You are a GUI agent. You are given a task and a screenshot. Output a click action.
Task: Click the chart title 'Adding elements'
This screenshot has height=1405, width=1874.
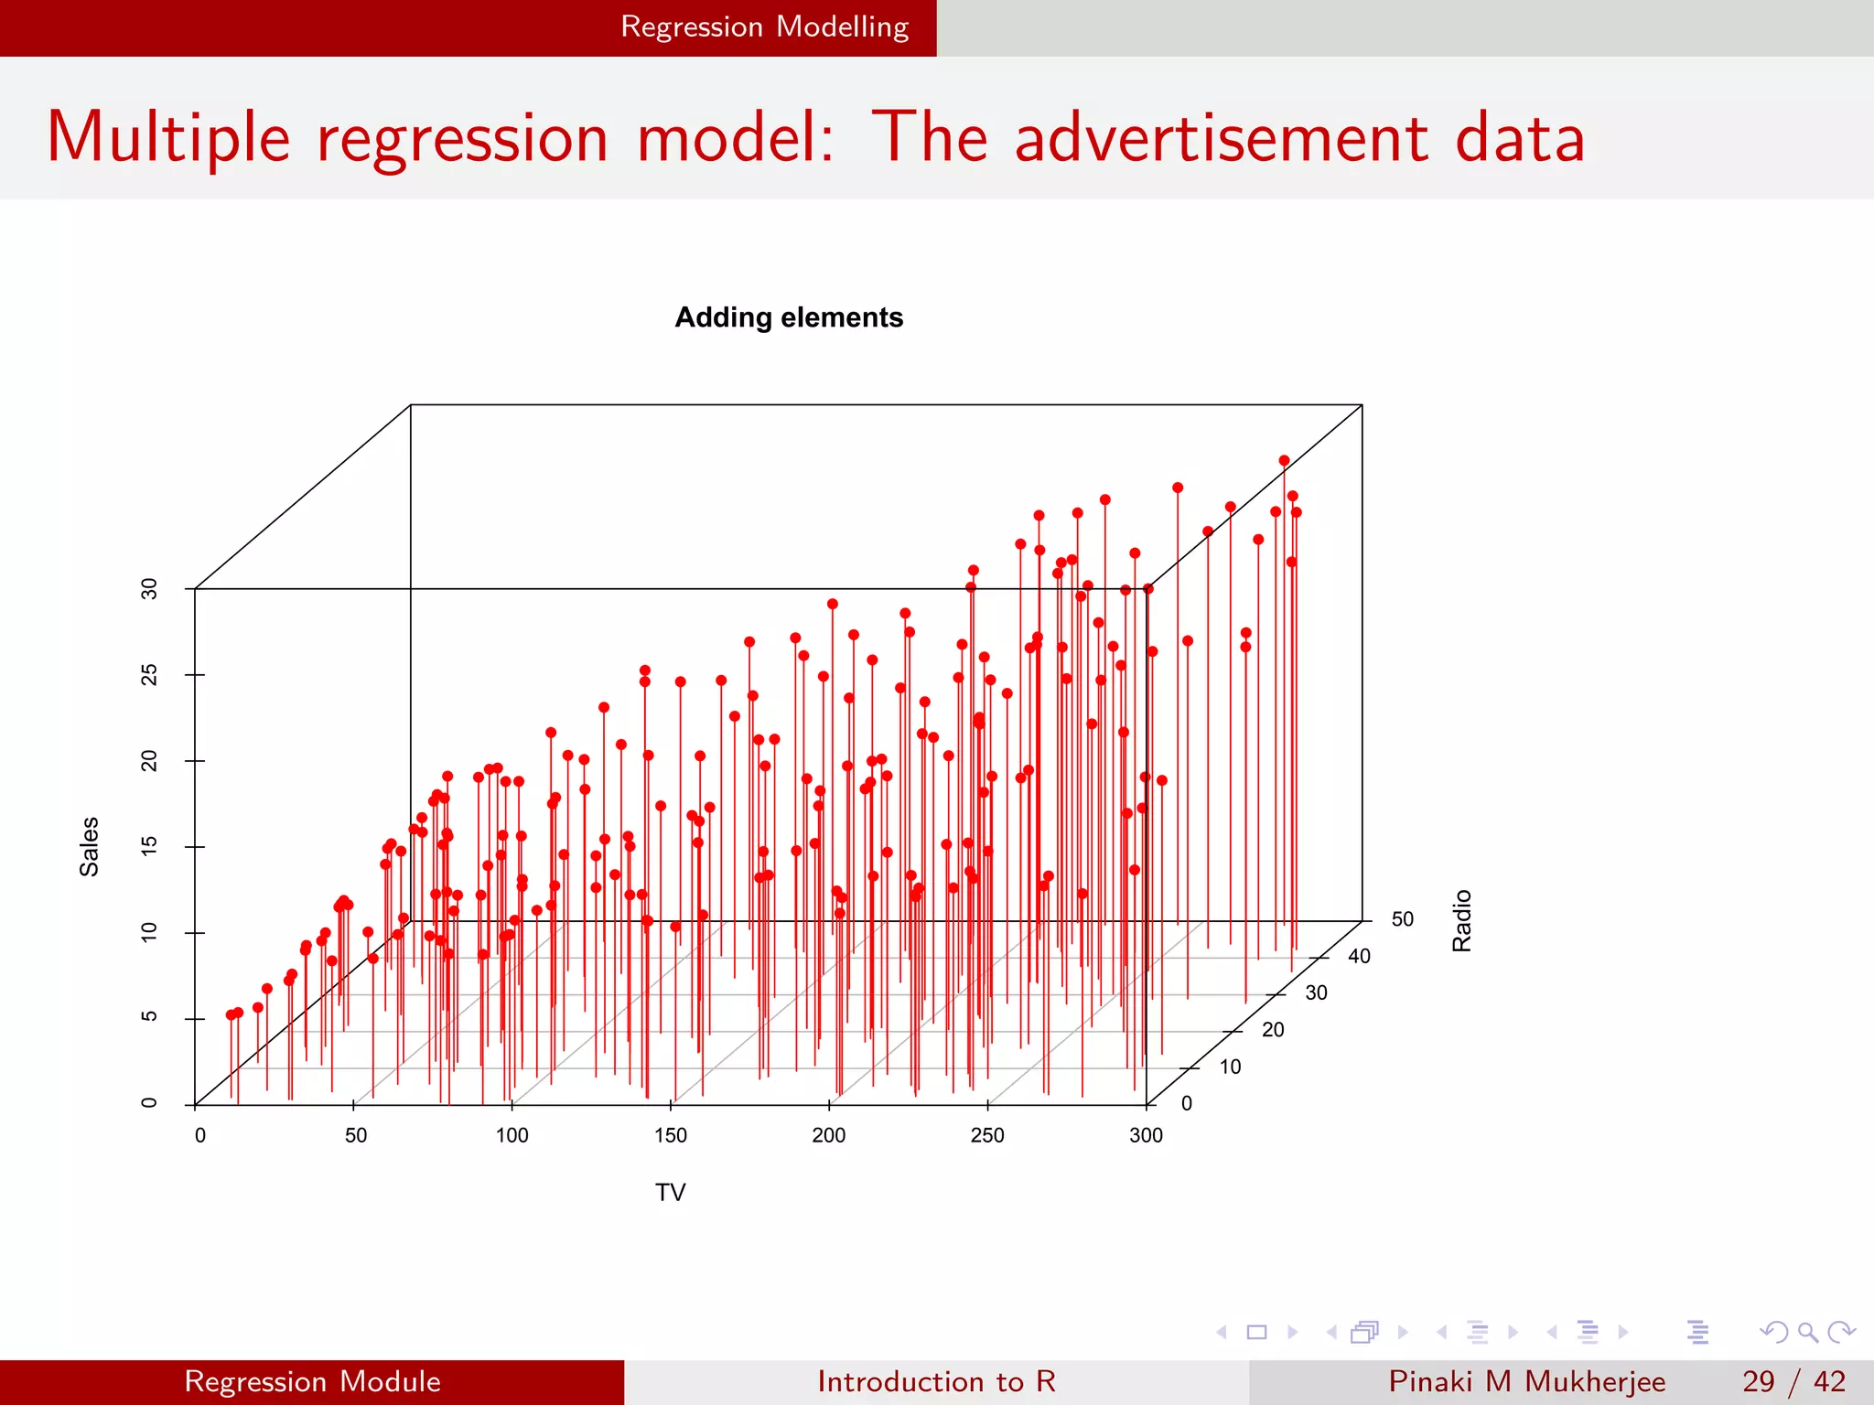pos(789,317)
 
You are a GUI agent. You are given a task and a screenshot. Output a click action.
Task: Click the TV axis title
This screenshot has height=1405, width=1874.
pos(670,1193)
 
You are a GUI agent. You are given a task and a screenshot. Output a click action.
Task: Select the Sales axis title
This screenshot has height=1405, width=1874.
pos(89,846)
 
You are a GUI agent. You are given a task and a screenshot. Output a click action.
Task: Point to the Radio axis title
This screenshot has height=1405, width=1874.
pos(1462,920)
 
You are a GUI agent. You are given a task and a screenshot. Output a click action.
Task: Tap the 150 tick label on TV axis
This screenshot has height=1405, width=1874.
pos(670,1135)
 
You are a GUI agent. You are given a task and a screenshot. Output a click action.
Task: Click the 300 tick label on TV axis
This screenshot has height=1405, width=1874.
pos(1146,1135)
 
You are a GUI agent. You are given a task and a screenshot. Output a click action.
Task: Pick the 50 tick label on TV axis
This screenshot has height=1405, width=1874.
pos(356,1135)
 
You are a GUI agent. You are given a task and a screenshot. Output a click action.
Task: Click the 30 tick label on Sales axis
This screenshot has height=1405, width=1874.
pos(149,588)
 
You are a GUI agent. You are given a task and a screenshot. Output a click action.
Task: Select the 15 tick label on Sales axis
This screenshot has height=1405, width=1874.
pos(149,846)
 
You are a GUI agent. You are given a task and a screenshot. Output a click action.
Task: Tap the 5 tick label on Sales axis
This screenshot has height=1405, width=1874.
pos(149,1017)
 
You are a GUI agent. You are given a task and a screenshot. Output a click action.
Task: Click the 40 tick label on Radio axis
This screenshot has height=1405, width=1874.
pos(1359,956)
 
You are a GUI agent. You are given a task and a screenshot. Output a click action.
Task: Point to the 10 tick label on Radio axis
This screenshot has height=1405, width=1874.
pos(1230,1067)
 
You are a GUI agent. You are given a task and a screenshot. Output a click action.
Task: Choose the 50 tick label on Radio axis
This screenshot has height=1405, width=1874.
pos(1402,918)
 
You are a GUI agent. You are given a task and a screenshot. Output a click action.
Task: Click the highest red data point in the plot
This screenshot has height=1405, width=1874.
pos(1284,461)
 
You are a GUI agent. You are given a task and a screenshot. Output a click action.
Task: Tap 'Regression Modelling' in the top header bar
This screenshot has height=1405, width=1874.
pos(764,27)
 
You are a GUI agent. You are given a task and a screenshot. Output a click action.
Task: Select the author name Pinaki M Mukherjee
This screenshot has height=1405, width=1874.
pos(1526,1381)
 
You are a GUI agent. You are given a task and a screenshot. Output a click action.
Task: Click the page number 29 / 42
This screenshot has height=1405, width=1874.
pos(1793,1381)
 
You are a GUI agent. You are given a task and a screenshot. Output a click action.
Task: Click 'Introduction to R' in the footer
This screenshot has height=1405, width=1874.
pos(936,1381)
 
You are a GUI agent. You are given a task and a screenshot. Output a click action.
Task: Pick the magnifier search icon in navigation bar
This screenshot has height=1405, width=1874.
pos(1807,1332)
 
